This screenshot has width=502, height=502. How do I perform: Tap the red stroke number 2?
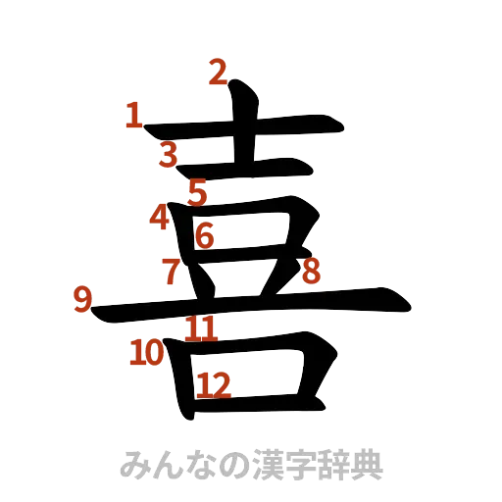point(217,71)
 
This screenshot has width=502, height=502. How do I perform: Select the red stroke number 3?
point(170,154)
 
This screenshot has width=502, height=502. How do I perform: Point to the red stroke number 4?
point(161,217)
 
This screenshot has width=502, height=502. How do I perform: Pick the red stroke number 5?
point(199,193)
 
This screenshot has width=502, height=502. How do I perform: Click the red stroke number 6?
point(205,235)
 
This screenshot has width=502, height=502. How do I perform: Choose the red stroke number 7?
point(172,271)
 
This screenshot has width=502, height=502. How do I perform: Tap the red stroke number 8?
point(311,271)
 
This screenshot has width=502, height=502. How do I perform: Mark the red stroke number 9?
point(83,298)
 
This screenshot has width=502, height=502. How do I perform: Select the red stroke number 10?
point(148,352)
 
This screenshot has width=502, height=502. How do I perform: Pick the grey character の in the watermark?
point(227,463)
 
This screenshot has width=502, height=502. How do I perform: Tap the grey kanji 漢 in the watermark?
point(261,463)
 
